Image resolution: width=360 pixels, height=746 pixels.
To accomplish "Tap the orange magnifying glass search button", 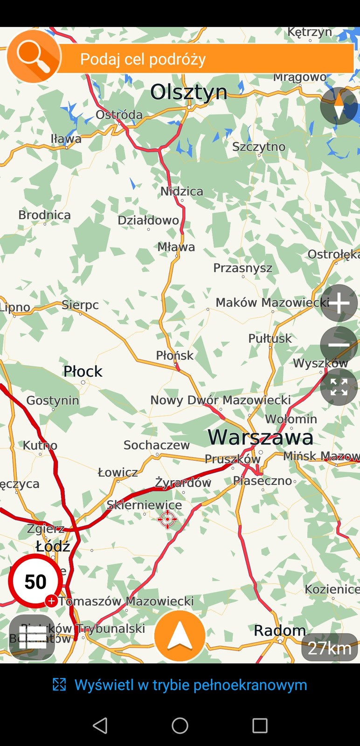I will (34, 56).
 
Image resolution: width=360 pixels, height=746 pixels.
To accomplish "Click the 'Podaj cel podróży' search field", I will (205, 59).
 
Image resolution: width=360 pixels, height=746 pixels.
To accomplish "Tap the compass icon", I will (339, 105).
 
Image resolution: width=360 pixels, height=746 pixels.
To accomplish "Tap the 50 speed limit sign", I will (35, 581).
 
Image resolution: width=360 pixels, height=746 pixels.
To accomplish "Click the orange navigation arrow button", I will (180, 636).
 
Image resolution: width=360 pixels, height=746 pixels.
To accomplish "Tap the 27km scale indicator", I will (329, 647).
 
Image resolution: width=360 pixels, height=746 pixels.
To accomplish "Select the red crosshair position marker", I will (167, 519).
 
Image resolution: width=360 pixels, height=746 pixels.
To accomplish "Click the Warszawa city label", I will (260, 437).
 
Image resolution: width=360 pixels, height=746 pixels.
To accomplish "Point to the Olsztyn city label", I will (188, 92).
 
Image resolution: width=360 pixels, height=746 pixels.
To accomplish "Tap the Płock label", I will (83, 371).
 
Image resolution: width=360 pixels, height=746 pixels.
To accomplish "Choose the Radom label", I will (280, 630).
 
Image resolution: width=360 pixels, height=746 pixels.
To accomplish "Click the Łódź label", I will (53, 546).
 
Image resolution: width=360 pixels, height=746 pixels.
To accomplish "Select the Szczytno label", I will (259, 146).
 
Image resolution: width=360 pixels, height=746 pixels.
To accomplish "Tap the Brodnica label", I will (44, 215).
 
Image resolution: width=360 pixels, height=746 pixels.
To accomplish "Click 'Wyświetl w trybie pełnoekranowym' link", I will (190, 685).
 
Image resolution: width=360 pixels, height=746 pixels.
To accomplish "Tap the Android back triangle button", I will (100, 725).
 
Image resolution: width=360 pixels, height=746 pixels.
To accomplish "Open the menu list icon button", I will (32, 637).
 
